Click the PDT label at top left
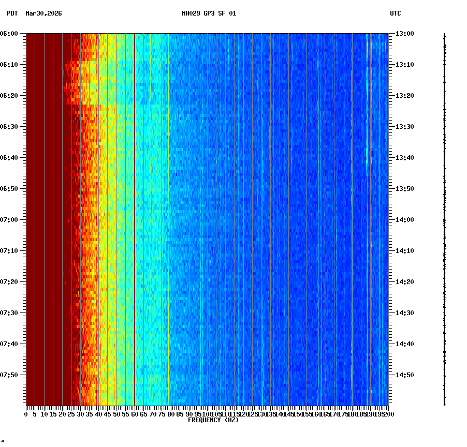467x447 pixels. pos(12,13)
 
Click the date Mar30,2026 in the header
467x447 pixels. pos(43,13)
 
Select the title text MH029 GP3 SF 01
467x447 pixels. pos(209,13)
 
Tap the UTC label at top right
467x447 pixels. pos(395,13)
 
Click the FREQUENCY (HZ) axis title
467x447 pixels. pos(213,420)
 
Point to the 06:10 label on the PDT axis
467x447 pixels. pos(9,65)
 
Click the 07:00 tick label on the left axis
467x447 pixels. pos(9,220)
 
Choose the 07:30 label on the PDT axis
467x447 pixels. pos(9,313)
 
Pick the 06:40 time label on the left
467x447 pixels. pos(9,158)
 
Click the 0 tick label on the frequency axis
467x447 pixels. pos(26,414)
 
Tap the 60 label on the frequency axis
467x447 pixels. pos(135,414)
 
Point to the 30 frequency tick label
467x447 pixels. pos(80,414)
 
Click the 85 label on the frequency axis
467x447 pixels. pos(180,414)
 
